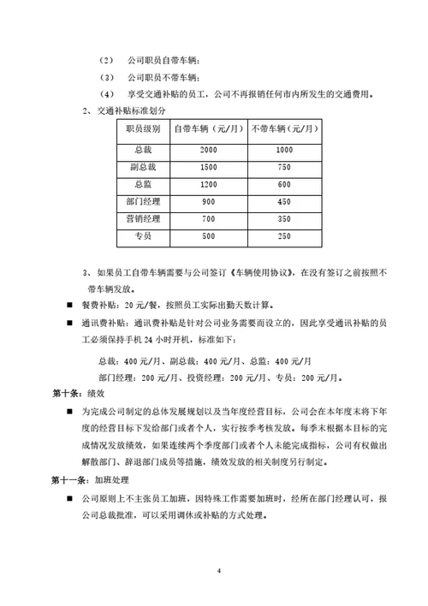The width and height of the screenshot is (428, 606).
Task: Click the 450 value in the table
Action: tap(285, 201)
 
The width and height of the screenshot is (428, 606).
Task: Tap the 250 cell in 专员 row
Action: tap(285, 236)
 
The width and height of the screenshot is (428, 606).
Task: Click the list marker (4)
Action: tap(106, 93)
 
